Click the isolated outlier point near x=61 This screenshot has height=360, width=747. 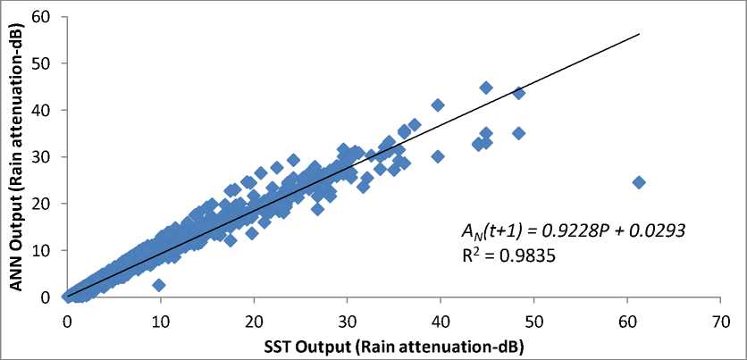click(x=639, y=182)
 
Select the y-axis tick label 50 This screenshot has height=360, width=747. click(x=41, y=64)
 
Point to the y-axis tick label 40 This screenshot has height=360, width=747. click(x=41, y=111)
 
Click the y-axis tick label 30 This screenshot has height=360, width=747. click(x=41, y=157)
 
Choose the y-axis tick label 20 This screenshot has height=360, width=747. click(x=41, y=204)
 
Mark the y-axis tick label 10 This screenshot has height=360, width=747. click(x=41, y=250)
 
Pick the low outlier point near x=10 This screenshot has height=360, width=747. click(x=158, y=285)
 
